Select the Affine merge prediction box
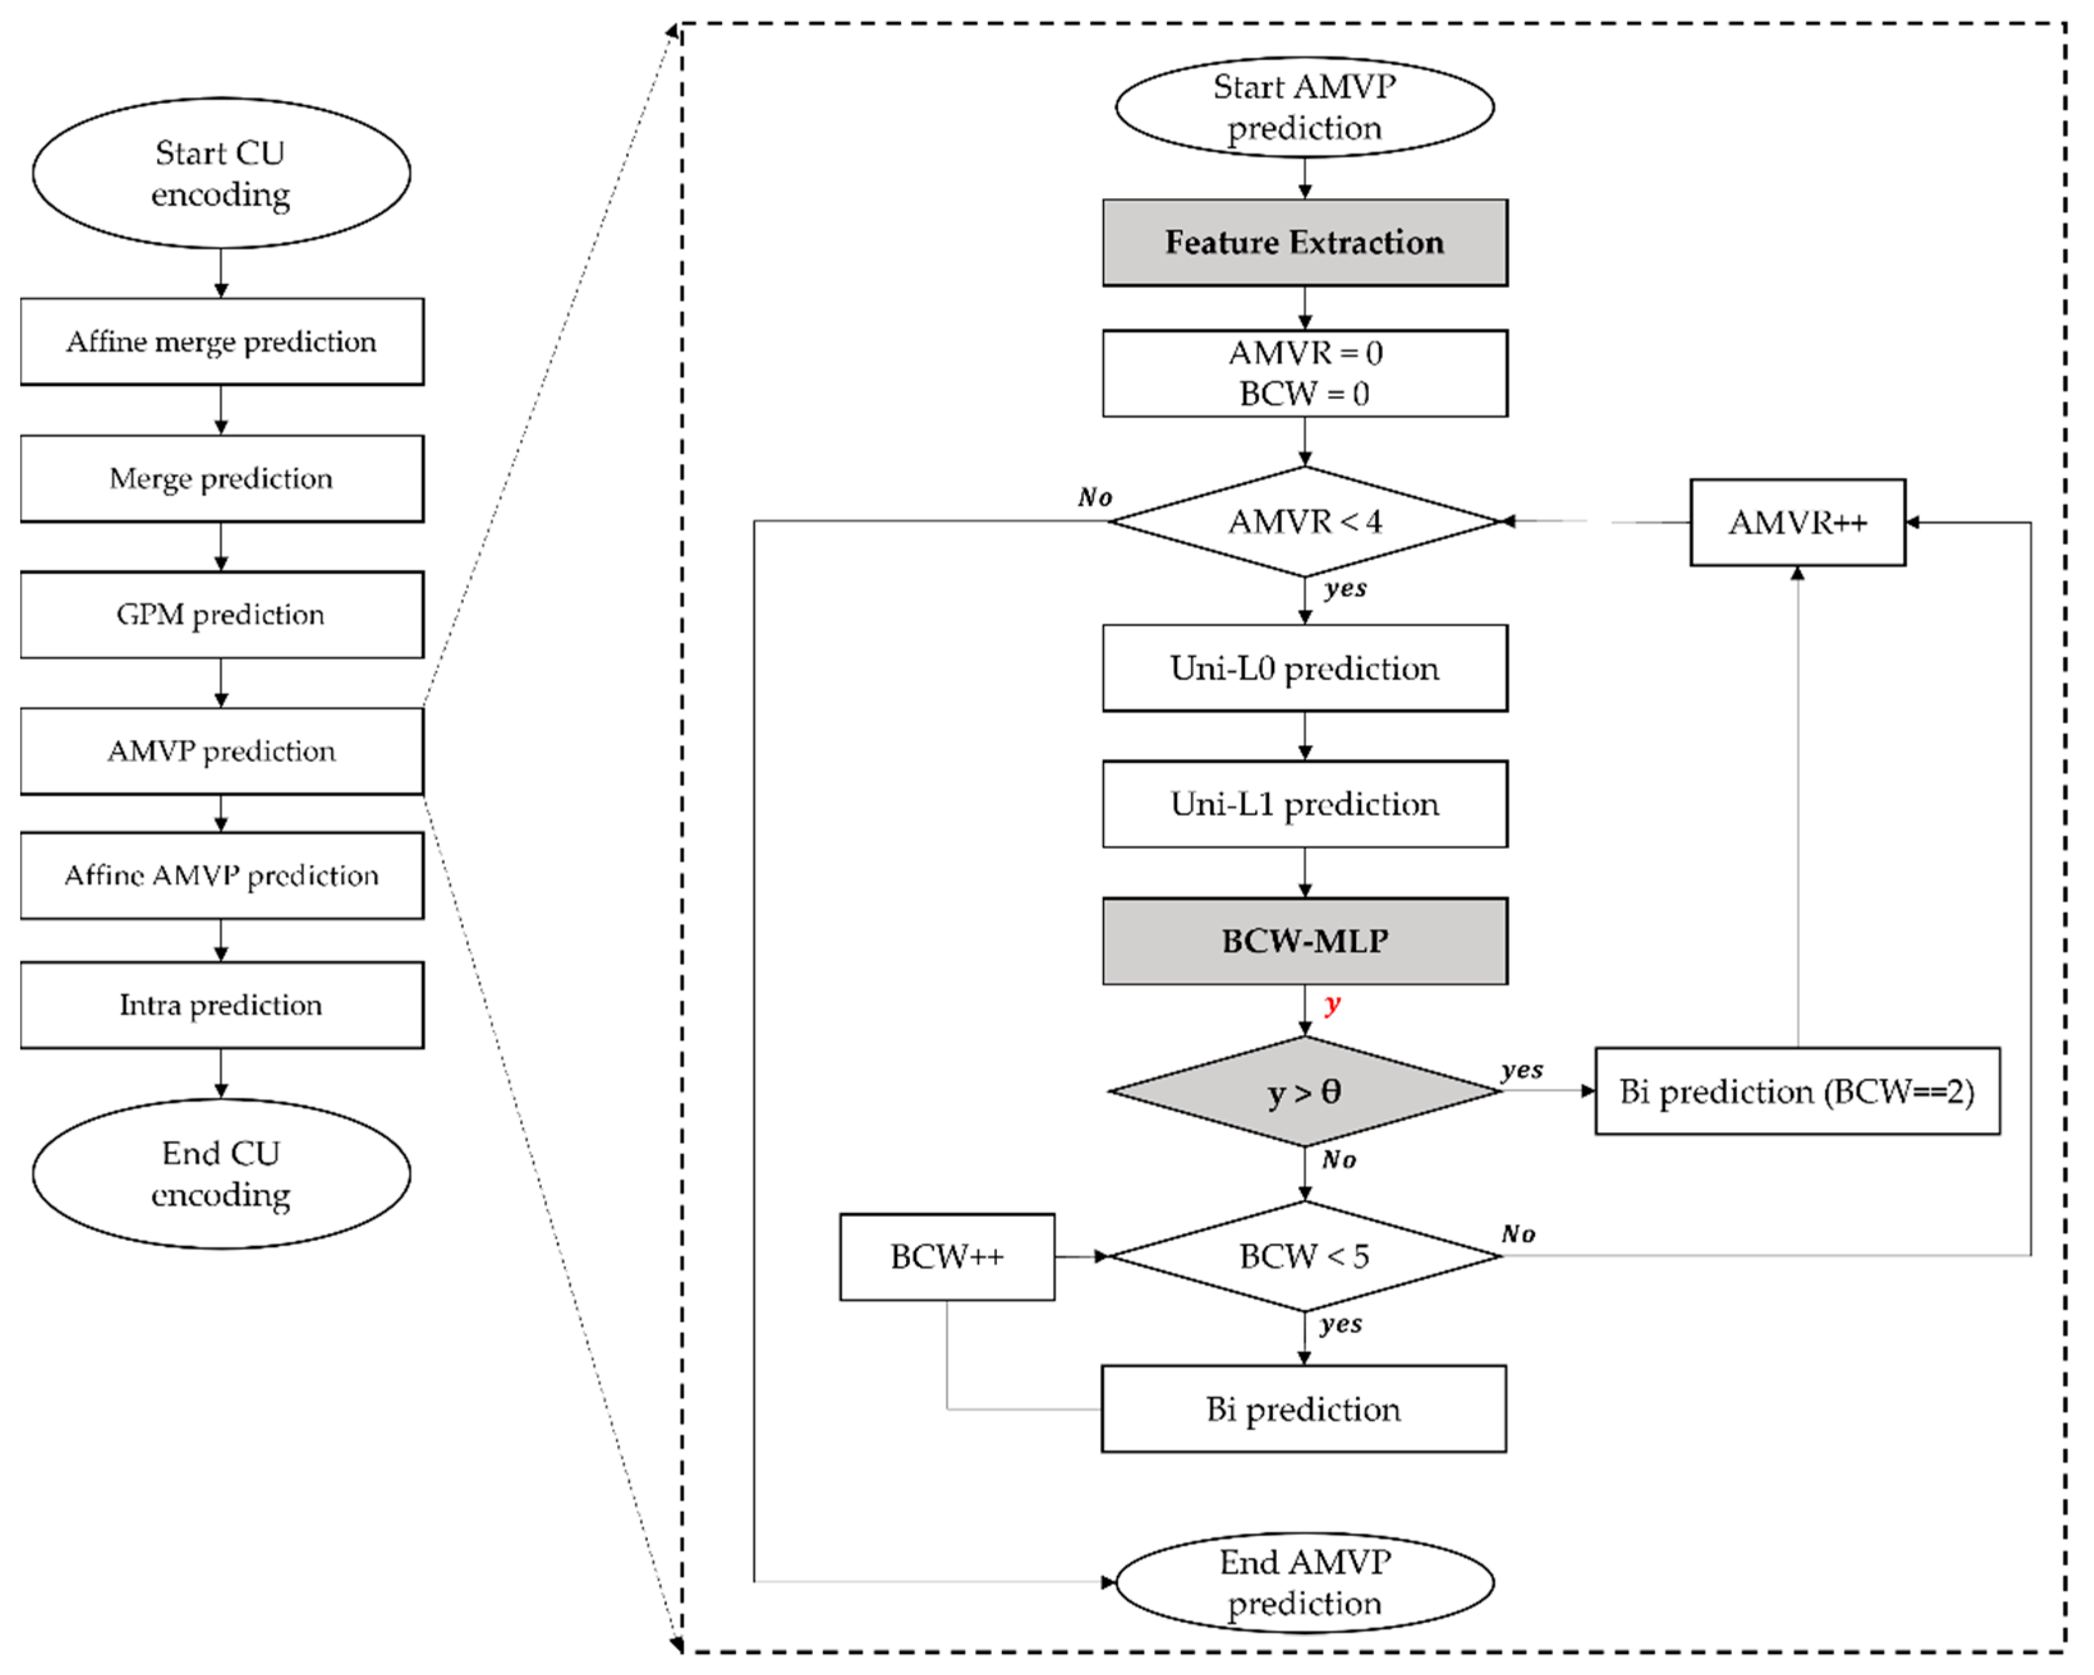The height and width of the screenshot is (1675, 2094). click(x=222, y=342)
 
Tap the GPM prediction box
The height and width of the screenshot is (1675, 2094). click(x=222, y=615)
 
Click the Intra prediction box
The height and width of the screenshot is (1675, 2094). click(x=222, y=1005)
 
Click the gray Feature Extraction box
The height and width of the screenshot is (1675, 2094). click(x=1304, y=243)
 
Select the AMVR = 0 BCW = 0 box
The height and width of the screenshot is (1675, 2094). click(x=1304, y=374)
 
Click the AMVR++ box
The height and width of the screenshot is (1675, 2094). click(x=1797, y=523)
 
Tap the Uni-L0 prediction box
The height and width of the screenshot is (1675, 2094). click(x=1304, y=668)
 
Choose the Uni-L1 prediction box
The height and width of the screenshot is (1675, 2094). click(x=1304, y=804)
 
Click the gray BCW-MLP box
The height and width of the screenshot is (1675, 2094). click(x=1304, y=941)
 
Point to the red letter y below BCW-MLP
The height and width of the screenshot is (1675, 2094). click(x=1332, y=1004)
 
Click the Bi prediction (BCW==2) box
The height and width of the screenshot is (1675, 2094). click(x=1797, y=1091)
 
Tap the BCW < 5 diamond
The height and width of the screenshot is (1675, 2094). click(x=1304, y=1257)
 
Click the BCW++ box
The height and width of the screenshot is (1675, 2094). click(x=947, y=1257)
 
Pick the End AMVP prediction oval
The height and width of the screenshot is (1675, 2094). click(x=1304, y=1583)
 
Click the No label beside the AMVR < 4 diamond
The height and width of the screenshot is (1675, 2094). click(x=1095, y=497)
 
